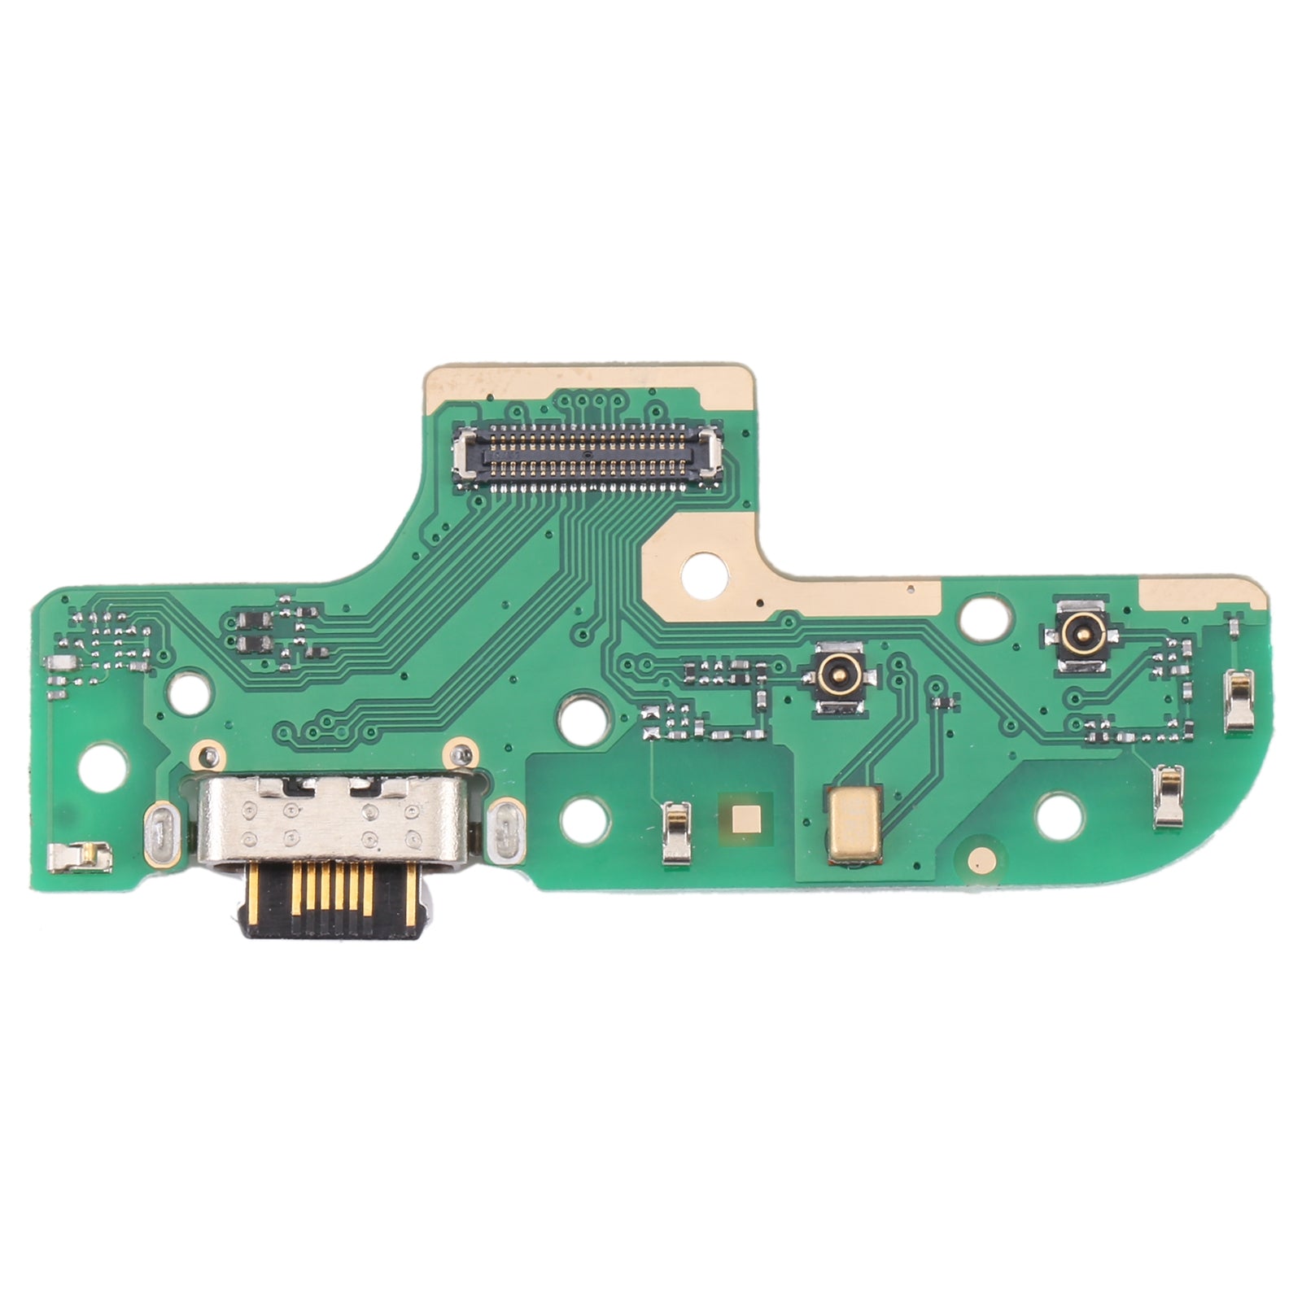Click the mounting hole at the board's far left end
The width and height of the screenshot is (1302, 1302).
(x=105, y=766)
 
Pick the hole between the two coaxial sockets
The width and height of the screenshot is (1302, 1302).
(x=981, y=616)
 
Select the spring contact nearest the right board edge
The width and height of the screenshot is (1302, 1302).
(x=1239, y=700)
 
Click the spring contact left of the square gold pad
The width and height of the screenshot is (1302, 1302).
(x=675, y=832)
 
